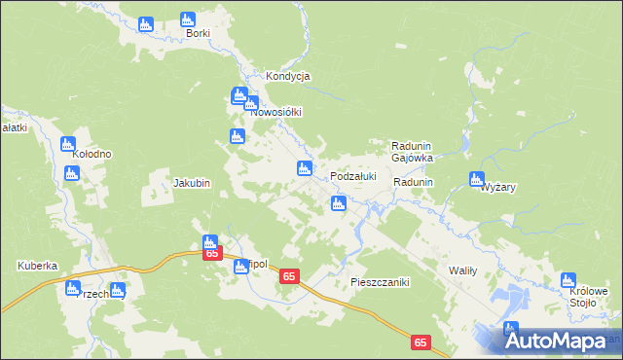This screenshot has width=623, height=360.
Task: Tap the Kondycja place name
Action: click(x=287, y=76)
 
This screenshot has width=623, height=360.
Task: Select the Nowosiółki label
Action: click(x=279, y=112)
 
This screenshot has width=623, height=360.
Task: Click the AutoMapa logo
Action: click(x=560, y=341)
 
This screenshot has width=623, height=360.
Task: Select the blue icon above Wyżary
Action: click(x=476, y=179)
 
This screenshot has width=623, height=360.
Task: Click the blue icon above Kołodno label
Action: click(x=68, y=143)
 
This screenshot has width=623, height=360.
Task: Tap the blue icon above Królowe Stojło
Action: click(x=568, y=281)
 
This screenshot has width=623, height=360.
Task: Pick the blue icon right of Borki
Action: click(x=188, y=18)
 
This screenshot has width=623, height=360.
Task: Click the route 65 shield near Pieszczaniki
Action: click(x=289, y=277)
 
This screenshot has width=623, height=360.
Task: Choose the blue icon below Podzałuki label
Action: click(x=338, y=203)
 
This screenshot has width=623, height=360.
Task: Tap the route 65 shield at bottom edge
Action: click(x=420, y=342)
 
